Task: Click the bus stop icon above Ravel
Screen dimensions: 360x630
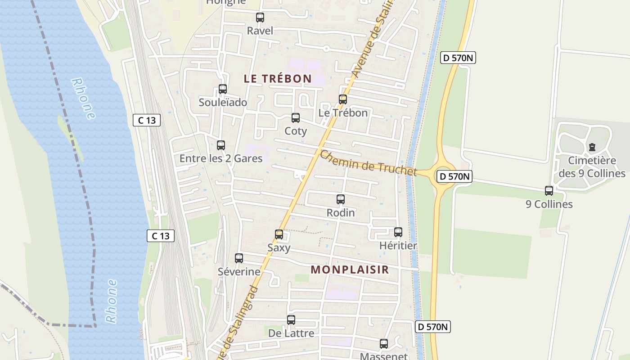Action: click(x=260, y=18)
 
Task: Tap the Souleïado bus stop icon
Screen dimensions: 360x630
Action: click(x=223, y=89)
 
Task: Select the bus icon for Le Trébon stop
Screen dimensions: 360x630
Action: click(x=343, y=99)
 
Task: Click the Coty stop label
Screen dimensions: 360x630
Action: click(x=296, y=131)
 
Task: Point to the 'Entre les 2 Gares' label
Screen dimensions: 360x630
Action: click(x=220, y=158)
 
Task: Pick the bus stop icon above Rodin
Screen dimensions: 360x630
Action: click(x=341, y=199)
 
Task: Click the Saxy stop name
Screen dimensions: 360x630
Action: click(x=279, y=247)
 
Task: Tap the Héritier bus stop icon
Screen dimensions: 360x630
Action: click(x=398, y=232)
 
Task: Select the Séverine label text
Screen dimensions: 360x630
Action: click(x=239, y=271)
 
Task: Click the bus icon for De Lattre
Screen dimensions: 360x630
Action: click(x=291, y=320)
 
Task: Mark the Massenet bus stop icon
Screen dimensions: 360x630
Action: click(x=384, y=344)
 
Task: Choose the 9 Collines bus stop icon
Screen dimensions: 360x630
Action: click(x=549, y=191)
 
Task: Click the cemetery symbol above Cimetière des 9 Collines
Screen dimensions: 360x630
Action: click(x=592, y=147)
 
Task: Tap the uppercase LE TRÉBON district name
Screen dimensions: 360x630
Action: click(x=278, y=78)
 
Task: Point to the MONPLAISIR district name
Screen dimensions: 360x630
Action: click(x=350, y=270)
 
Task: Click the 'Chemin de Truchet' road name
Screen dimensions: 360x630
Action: click(x=368, y=163)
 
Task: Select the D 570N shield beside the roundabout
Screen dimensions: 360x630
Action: click(x=455, y=176)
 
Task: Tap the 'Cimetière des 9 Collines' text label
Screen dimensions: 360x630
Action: click(x=592, y=167)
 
